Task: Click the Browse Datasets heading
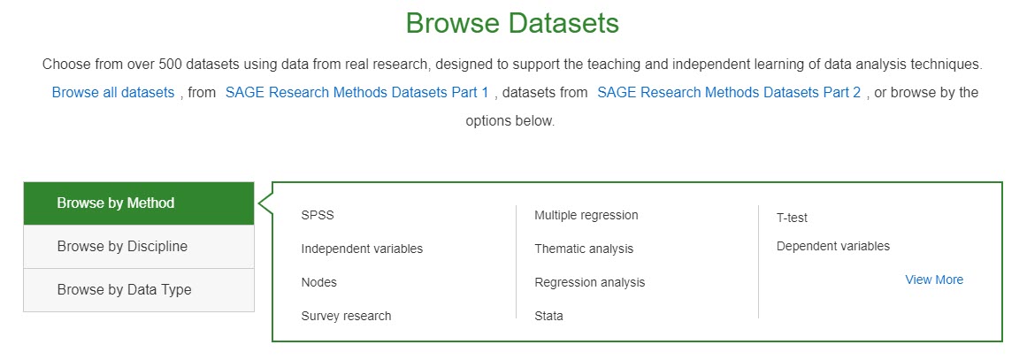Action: [x=512, y=24]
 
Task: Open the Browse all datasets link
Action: [x=113, y=92]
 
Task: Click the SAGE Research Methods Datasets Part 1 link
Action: [x=357, y=92]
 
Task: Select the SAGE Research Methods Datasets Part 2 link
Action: [x=729, y=92]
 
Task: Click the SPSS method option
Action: [x=318, y=215]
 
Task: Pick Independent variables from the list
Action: [x=362, y=249]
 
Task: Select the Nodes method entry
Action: [x=319, y=282]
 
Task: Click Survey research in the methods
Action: [x=346, y=316]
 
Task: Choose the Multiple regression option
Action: [x=586, y=215]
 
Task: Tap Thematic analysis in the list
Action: [x=584, y=249]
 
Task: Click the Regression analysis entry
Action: [x=589, y=282]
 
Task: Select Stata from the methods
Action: [x=548, y=316]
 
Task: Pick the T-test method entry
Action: [x=792, y=218]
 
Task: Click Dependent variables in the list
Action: [x=833, y=246]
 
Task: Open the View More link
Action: [x=934, y=280]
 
